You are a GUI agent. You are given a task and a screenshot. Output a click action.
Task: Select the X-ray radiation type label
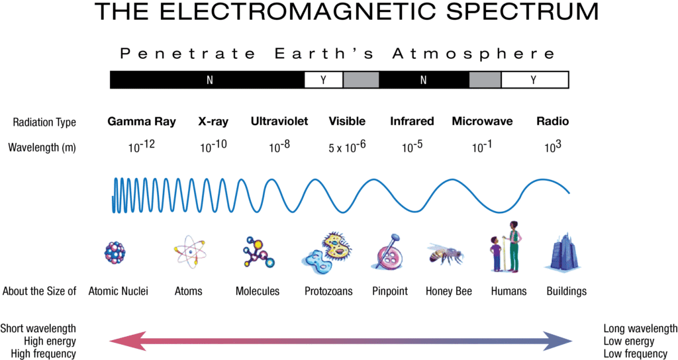click(213, 121)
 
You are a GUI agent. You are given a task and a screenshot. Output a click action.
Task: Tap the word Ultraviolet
click(279, 121)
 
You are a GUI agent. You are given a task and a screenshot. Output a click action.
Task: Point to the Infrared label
click(412, 121)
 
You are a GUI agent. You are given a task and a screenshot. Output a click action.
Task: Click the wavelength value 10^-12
click(141, 147)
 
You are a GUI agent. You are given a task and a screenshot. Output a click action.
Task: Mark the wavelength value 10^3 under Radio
click(552, 147)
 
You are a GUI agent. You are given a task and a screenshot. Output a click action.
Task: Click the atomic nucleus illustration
click(115, 252)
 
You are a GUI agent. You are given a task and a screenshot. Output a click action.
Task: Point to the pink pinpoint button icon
click(387, 252)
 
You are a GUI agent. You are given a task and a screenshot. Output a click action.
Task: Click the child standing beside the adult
click(496, 254)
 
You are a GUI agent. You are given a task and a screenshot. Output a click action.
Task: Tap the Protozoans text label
click(328, 291)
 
